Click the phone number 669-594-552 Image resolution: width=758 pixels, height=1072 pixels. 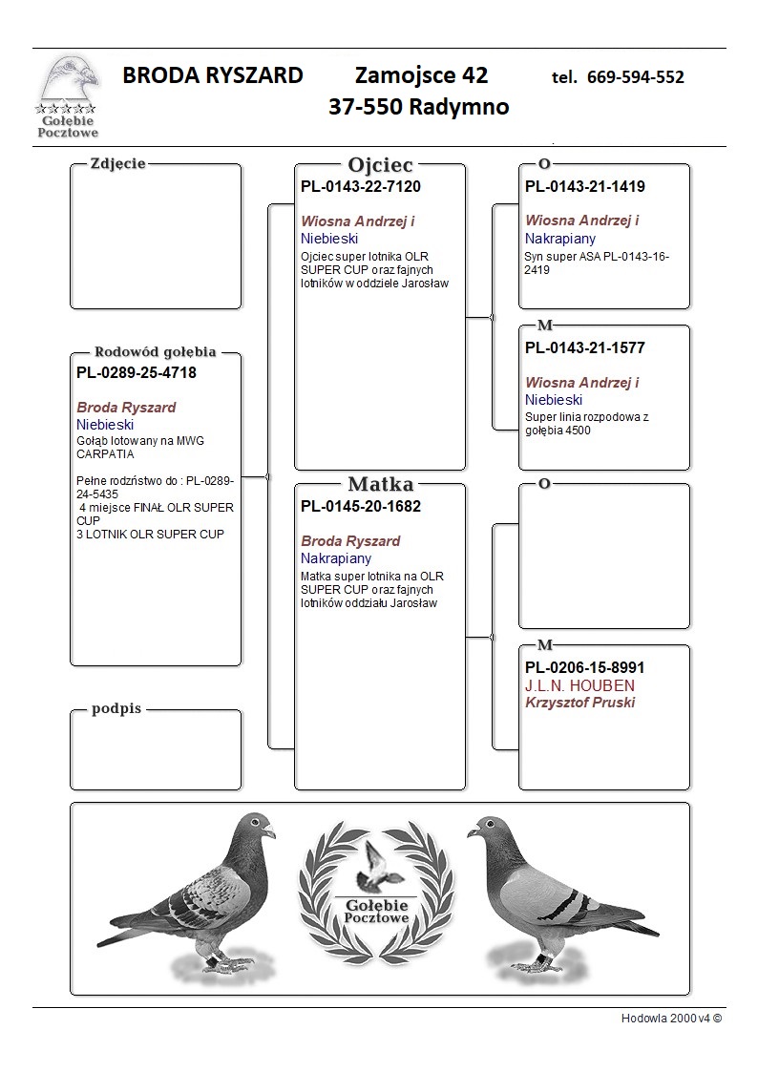pyautogui.click(x=635, y=77)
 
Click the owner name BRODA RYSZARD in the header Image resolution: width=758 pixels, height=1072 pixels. pyautogui.click(x=213, y=75)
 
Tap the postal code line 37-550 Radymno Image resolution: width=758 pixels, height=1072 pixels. pyautogui.click(x=418, y=107)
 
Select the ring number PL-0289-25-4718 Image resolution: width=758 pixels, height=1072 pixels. pyautogui.click(x=137, y=372)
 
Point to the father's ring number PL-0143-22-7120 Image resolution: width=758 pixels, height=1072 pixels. pyautogui.click(x=361, y=186)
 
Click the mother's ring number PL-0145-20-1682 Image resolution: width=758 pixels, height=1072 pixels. pyautogui.click(x=361, y=506)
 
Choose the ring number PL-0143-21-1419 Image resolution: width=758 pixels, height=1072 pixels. pyautogui.click(x=585, y=186)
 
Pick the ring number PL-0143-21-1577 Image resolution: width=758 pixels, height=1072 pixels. pyautogui.click(x=585, y=347)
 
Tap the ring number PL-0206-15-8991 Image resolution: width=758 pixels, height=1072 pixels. pyautogui.click(x=585, y=668)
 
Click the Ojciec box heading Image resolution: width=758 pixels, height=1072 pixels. pyautogui.click(x=380, y=164)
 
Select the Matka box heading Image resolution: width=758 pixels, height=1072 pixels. pyautogui.click(x=380, y=484)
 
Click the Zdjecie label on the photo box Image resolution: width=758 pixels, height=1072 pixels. pyautogui.click(x=117, y=163)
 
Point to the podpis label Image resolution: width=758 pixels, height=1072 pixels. pyautogui.click(x=116, y=709)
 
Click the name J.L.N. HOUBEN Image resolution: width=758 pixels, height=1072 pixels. pyautogui.click(x=579, y=685)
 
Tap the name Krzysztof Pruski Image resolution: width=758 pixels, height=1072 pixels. pyautogui.click(x=579, y=703)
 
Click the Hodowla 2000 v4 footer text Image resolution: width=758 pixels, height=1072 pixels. pyautogui.click(x=671, y=1018)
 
